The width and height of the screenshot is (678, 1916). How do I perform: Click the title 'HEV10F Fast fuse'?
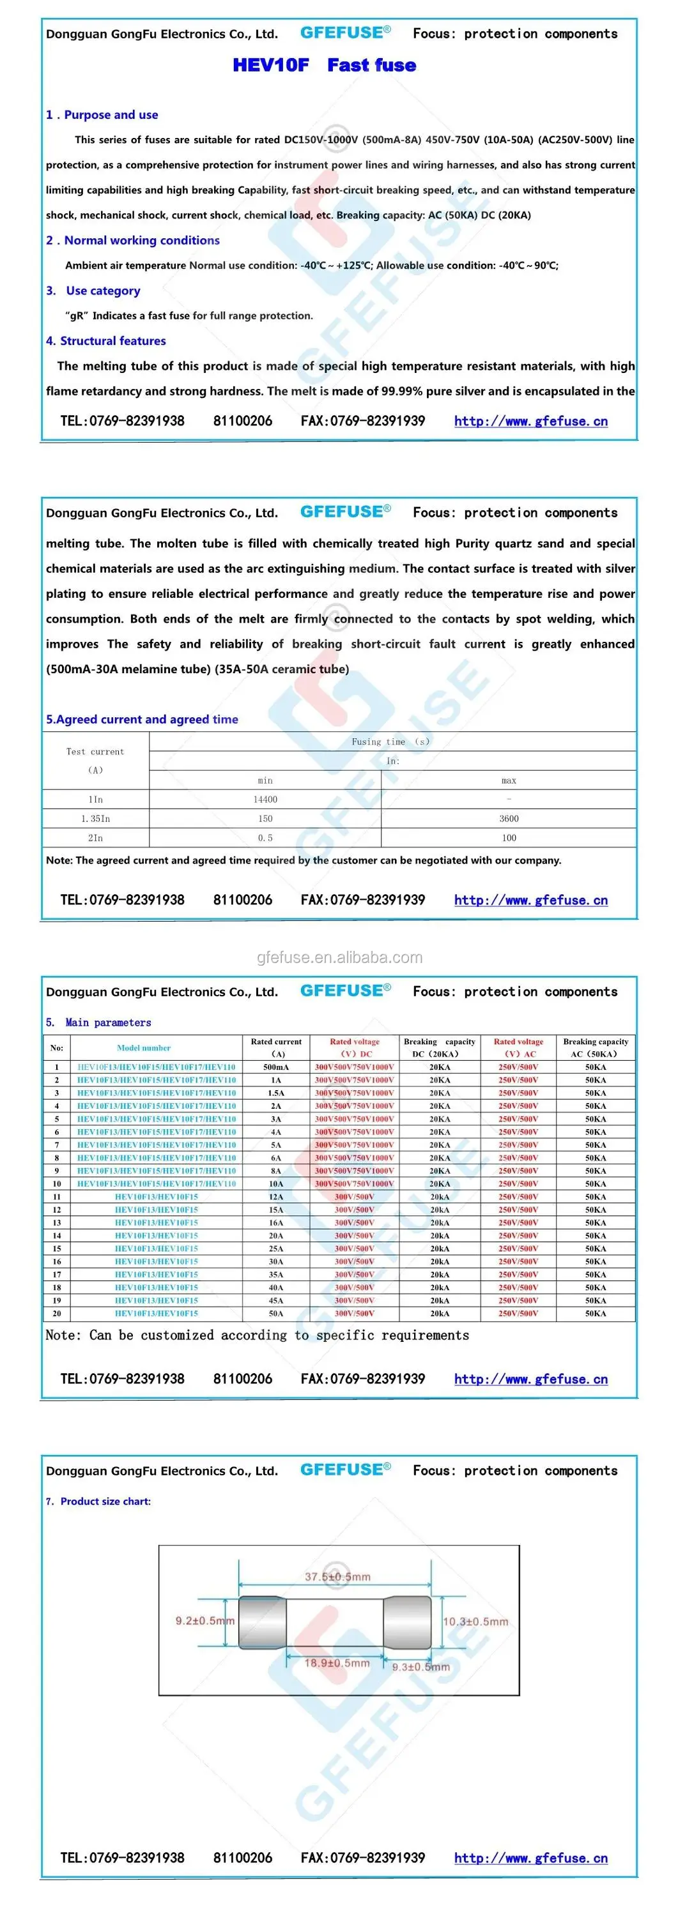[x=324, y=65]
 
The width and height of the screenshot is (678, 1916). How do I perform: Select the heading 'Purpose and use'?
[x=110, y=114]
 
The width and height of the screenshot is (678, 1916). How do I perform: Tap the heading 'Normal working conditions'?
[x=141, y=240]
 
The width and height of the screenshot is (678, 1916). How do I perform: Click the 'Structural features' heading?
[x=112, y=340]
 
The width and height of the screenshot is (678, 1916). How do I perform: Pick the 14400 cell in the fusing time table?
[x=265, y=800]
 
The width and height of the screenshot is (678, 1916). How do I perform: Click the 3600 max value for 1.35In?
[x=508, y=818]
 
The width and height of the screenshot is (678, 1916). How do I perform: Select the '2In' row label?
[x=95, y=837]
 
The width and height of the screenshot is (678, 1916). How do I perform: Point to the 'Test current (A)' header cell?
[x=95, y=760]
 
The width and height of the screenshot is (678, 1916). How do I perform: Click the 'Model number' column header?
[x=144, y=1047]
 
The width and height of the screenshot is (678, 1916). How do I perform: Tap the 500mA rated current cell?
[x=276, y=1067]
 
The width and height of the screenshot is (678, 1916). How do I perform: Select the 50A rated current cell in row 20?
[x=276, y=1314]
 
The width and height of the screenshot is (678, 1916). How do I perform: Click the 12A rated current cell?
[x=276, y=1197]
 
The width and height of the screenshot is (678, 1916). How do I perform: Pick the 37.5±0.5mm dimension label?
[x=337, y=1577]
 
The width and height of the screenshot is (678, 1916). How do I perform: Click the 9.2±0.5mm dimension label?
[x=204, y=1621]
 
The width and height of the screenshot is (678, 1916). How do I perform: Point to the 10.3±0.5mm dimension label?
[x=475, y=1622]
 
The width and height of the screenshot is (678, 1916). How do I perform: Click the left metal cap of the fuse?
[x=263, y=1622]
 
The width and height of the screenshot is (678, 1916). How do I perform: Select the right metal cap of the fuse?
[x=407, y=1622]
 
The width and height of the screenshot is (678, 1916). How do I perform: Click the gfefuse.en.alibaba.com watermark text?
[x=339, y=957]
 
